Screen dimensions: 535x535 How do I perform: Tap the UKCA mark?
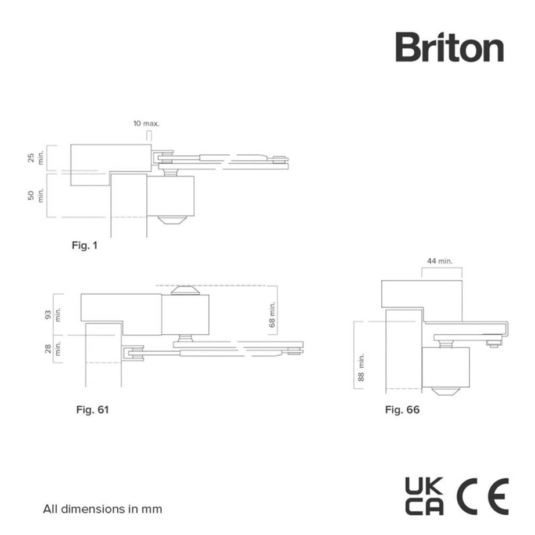point(424,496)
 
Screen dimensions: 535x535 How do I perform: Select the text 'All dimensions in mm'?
point(103,509)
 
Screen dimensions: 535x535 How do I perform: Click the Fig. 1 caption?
point(85,245)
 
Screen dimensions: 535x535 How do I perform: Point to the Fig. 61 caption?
point(93,410)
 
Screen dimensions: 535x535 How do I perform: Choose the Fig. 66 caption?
point(402,410)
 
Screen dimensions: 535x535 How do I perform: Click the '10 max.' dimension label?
point(146,123)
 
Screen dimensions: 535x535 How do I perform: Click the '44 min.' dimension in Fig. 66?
point(440,262)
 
